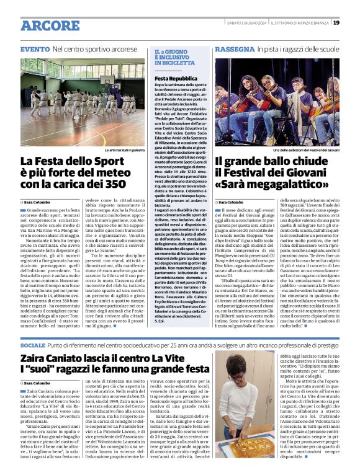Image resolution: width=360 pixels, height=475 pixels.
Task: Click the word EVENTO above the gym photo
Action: click(x=35, y=48)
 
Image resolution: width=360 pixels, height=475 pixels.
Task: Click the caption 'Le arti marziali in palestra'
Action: click(x=124, y=151)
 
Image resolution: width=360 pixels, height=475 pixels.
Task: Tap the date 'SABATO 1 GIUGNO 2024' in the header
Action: click(x=245, y=23)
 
